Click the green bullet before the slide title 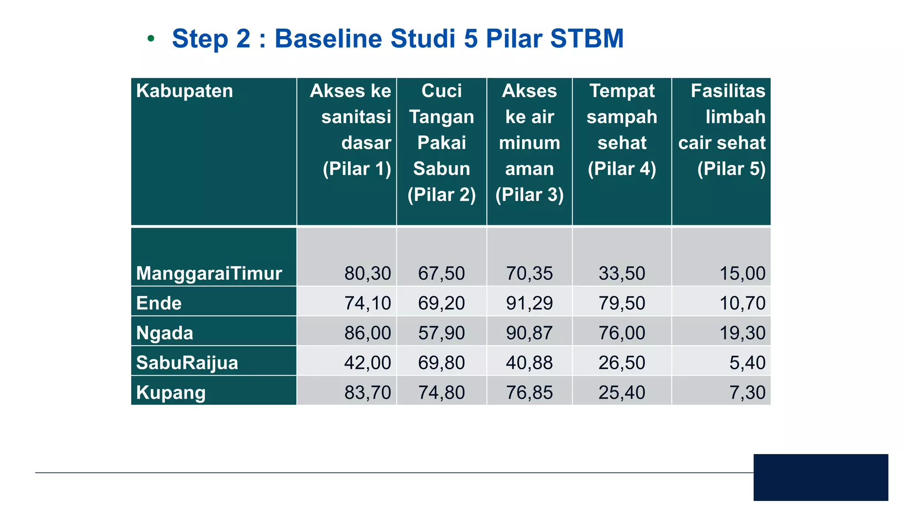point(151,39)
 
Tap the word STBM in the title point(587,38)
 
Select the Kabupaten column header point(185,91)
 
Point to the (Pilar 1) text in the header point(357,169)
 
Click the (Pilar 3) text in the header point(529,195)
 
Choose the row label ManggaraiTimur point(209,273)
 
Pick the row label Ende point(159,303)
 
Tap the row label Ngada point(165,333)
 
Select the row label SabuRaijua point(187,363)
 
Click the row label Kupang point(171,392)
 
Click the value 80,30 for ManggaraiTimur point(367,273)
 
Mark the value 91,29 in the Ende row point(529,303)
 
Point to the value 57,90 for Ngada point(441,333)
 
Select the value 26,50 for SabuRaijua point(621,363)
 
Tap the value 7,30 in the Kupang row point(747,392)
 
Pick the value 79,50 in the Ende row point(621,303)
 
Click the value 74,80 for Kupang point(441,392)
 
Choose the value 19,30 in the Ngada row point(742,333)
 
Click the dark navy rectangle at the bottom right point(821,477)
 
